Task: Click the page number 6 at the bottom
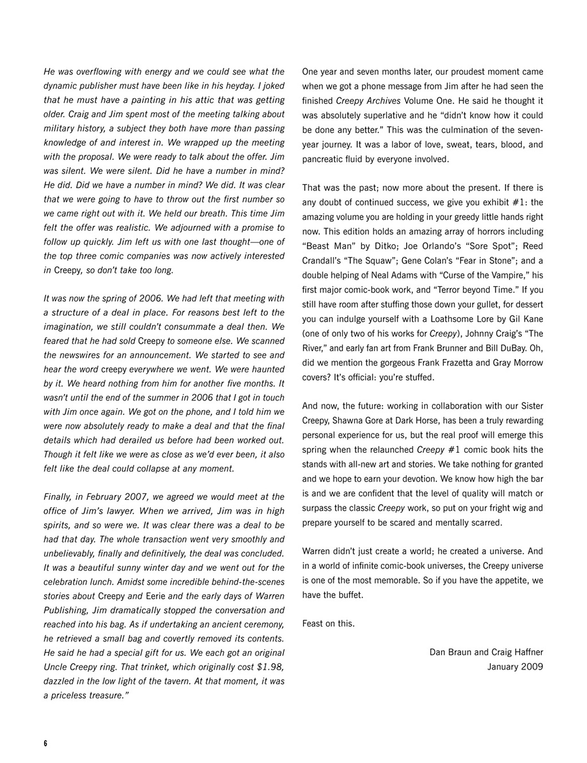click(x=45, y=744)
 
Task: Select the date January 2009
click(x=515, y=667)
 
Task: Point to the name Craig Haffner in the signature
click(x=517, y=652)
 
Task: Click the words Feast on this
click(x=328, y=624)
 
